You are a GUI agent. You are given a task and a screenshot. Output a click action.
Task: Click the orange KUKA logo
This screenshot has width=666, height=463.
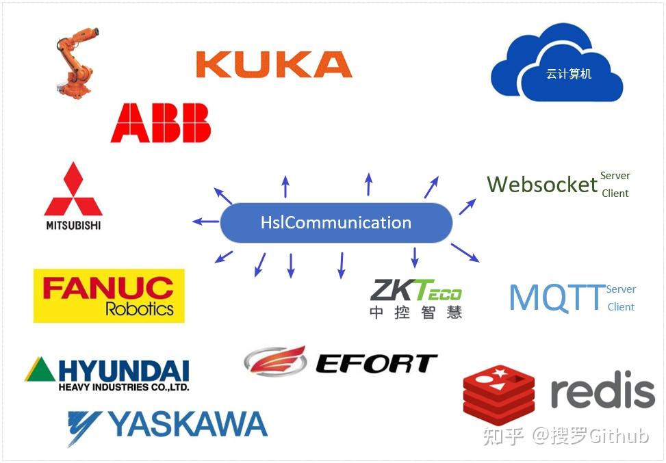274,64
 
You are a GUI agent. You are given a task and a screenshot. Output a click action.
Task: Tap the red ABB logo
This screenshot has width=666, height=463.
161,122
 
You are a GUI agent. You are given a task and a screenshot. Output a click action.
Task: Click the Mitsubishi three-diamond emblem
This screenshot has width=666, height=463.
73,189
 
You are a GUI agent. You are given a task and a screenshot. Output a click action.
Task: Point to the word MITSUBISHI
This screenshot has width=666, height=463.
73,224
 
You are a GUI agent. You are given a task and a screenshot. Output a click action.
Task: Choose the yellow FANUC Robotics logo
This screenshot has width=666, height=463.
109,295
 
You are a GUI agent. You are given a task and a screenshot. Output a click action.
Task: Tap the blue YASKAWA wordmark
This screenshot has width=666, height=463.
187,425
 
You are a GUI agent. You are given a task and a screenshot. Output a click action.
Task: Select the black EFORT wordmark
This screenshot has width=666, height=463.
376,363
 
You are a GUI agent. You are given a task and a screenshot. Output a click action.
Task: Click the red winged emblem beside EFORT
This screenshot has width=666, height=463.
276,360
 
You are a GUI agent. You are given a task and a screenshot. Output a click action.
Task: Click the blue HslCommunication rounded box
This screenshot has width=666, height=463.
336,222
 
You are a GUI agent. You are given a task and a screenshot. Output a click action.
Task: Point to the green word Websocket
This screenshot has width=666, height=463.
542,184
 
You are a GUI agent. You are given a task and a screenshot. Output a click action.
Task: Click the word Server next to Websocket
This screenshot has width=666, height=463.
615,176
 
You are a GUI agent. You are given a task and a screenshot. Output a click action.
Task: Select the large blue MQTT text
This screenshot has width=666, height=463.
556,297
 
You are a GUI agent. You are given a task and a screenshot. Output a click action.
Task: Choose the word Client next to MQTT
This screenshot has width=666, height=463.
621,306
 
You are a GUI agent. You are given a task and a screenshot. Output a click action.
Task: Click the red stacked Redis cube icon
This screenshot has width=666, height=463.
498,395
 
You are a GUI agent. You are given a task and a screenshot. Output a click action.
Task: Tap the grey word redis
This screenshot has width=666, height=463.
602,392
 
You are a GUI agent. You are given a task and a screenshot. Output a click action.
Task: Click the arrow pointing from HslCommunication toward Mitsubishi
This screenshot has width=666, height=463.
205,221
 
